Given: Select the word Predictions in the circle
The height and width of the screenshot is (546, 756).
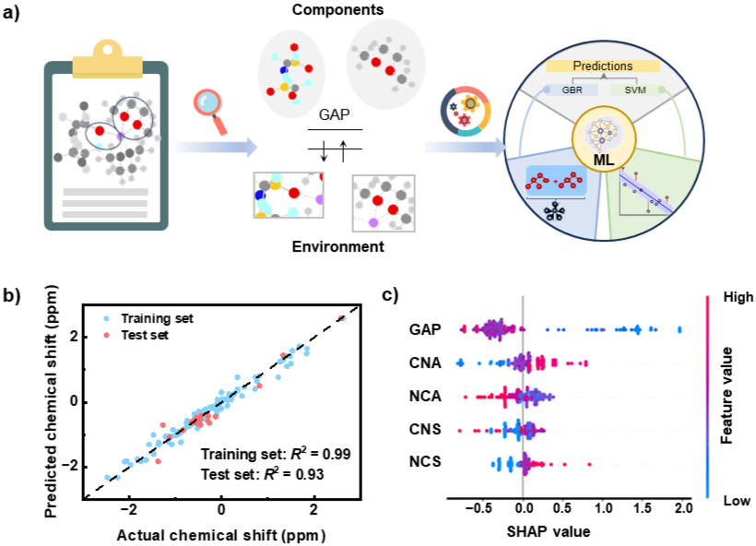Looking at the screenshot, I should click(x=603, y=65).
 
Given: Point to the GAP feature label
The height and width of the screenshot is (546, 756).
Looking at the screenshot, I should click(x=426, y=328).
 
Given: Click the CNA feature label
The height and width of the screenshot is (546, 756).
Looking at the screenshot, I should click(x=425, y=363).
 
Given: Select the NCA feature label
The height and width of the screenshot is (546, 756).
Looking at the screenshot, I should click(x=425, y=398).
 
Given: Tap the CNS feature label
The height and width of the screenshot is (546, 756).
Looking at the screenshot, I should click(x=425, y=429).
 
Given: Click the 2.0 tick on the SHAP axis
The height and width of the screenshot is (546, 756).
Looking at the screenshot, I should click(x=683, y=509).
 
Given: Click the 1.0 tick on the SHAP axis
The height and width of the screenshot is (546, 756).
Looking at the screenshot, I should click(x=603, y=509).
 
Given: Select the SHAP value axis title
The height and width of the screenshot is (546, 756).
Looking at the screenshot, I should click(x=549, y=531).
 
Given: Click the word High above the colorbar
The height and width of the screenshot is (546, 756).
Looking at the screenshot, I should click(x=738, y=297).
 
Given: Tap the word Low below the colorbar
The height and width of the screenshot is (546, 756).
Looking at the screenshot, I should click(x=737, y=501).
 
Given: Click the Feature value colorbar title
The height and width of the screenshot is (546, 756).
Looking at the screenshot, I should click(x=727, y=395).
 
